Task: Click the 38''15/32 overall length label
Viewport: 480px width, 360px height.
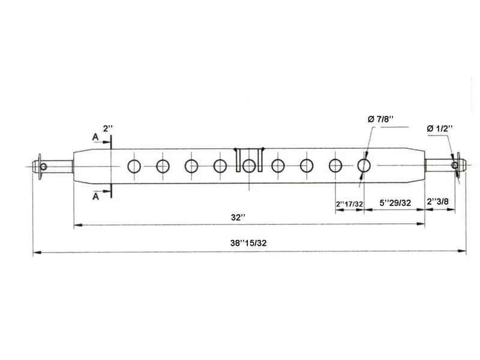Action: [x=248, y=243]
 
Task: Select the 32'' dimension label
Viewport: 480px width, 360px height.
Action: [x=238, y=217]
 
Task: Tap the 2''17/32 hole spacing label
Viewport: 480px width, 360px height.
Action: [x=349, y=204]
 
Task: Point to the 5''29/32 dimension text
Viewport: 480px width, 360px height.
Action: [x=395, y=203]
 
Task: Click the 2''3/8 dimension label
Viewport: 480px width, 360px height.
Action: [x=438, y=202]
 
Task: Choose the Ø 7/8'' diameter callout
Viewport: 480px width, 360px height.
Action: [x=381, y=119]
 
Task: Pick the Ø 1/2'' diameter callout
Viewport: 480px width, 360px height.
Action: [x=440, y=128]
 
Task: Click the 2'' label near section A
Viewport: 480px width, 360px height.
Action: [x=108, y=128]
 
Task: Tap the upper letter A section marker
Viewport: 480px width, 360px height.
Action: [x=95, y=137]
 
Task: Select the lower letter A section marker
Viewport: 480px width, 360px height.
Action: [x=96, y=196]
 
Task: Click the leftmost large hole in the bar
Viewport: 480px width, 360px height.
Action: [x=134, y=166]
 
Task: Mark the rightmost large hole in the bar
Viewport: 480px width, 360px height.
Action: [x=364, y=166]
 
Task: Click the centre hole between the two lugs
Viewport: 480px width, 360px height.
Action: [x=249, y=166]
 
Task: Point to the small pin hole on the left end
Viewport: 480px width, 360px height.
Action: [x=43, y=167]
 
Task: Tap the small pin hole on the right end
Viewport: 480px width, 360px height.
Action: [x=455, y=166]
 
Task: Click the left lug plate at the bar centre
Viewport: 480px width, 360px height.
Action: [x=238, y=160]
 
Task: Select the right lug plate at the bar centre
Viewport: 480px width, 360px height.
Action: [x=260, y=160]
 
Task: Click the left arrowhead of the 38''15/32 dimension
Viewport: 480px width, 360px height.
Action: [x=37, y=253]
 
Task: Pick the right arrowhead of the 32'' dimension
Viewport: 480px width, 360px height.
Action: [x=421, y=224]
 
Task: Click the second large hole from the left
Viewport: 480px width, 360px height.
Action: [x=163, y=166]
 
